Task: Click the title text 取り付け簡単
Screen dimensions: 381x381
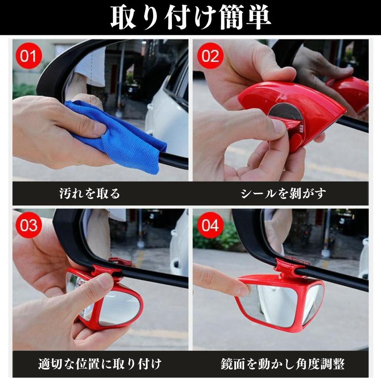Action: pyautogui.click(x=190, y=17)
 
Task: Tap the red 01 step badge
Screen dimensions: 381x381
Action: pyautogui.click(x=28, y=56)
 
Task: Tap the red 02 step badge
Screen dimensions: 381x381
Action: pyautogui.click(x=210, y=56)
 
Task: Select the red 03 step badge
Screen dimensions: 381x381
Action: pyautogui.click(x=28, y=225)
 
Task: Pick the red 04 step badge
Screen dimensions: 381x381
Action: pyautogui.click(x=210, y=225)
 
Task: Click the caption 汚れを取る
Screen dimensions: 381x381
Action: pyautogui.click(x=90, y=193)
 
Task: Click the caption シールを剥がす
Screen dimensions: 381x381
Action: pyautogui.click(x=283, y=193)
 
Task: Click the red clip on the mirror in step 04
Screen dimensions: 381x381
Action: pyautogui.click(x=287, y=268)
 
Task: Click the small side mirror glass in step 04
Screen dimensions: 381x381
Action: pyautogui.click(x=313, y=303)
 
